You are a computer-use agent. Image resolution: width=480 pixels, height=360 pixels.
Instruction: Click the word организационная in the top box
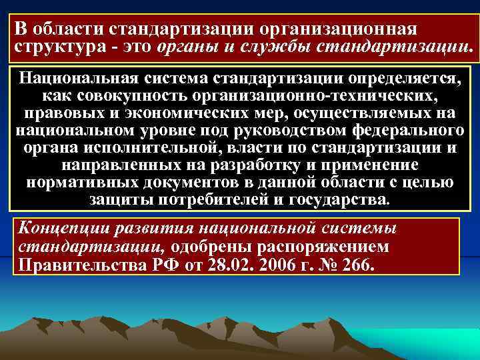point(341,29)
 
